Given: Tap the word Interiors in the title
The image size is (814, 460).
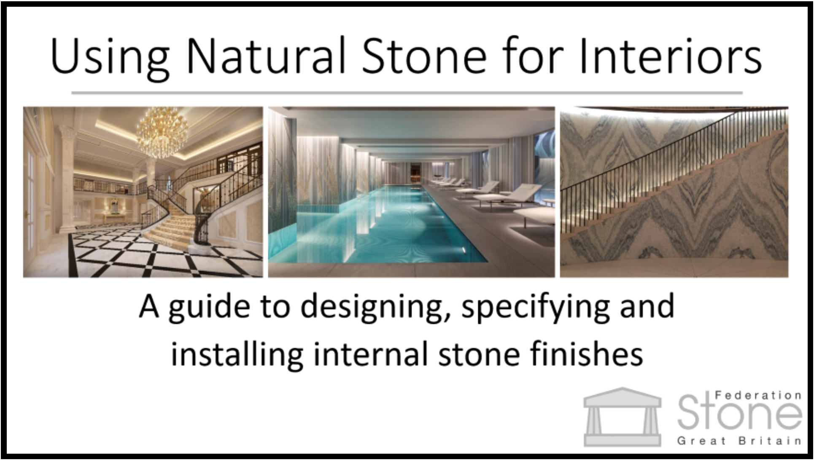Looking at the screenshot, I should click(x=671, y=56).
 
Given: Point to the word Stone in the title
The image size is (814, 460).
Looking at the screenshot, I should click(x=424, y=56).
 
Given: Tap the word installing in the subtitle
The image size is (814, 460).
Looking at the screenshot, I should click(x=237, y=354).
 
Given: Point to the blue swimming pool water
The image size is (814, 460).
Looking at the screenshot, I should click(x=380, y=227).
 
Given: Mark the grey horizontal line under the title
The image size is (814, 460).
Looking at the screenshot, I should click(x=407, y=93).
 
